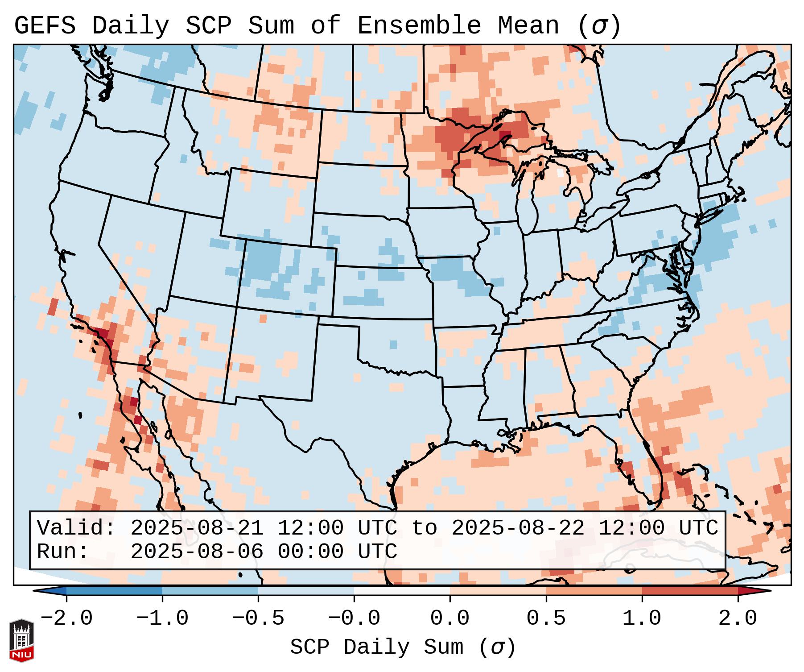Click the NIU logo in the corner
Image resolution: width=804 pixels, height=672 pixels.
pyautogui.click(x=21, y=640)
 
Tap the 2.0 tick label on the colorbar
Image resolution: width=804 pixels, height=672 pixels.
pyautogui.click(x=738, y=618)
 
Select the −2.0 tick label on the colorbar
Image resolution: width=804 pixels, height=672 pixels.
pyautogui.click(x=66, y=618)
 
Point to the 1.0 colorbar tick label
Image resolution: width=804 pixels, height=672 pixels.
pyautogui.click(x=642, y=618)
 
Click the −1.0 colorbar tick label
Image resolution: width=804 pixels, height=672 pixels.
pyautogui.click(x=162, y=618)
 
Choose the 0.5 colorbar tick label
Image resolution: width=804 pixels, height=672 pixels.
pyautogui.click(x=546, y=618)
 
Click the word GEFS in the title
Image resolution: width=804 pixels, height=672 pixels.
pyautogui.click(x=45, y=26)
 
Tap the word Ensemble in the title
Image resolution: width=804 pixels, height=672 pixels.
pyautogui.click(x=419, y=26)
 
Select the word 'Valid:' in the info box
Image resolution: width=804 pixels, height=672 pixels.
pyautogui.click(x=76, y=528)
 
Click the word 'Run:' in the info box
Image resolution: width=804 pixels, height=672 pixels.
pyautogui.click(x=62, y=552)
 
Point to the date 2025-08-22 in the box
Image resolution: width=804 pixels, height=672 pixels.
pyautogui.click(x=518, y=528)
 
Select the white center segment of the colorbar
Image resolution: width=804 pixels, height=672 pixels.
pyautogui.click(x=402, y=591)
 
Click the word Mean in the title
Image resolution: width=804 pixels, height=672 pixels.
pyautogui.click(x=528, y=26)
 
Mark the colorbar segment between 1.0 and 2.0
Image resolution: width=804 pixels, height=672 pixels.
pyautogui.click(x=690, y=591)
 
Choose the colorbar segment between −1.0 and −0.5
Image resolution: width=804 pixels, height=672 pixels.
pyautogui.click(x=210, y=591)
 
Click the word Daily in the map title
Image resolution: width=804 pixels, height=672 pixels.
pyautogui.click(x=130, y=26)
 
